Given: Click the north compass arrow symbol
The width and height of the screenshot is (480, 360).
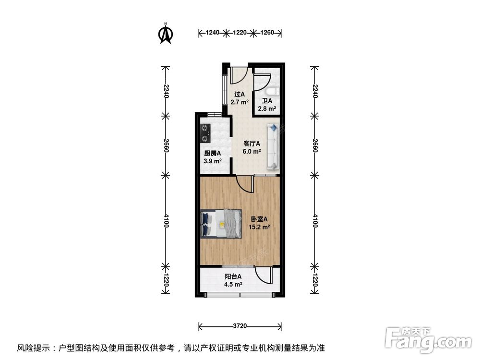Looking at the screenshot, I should point(166,34).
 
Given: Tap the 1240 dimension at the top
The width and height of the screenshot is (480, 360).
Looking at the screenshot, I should point(212,33).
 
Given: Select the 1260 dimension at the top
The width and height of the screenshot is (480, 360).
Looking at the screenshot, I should point(267,33).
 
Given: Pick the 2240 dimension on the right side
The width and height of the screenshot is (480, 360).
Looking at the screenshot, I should point(315,90).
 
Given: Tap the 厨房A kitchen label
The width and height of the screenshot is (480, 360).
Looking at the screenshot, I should point(212,154).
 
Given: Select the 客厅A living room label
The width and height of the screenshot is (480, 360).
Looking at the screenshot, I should point(252,143).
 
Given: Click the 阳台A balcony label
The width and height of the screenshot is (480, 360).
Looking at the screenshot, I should point(233,277).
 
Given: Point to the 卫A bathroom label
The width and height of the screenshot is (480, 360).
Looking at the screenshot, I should point(267,101).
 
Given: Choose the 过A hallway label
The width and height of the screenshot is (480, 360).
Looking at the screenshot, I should point(239,95).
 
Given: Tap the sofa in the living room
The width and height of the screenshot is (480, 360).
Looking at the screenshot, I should point(273,146).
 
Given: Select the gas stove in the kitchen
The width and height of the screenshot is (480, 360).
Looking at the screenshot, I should point(206,133).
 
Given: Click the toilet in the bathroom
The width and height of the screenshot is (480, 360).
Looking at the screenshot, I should point(272,91).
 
